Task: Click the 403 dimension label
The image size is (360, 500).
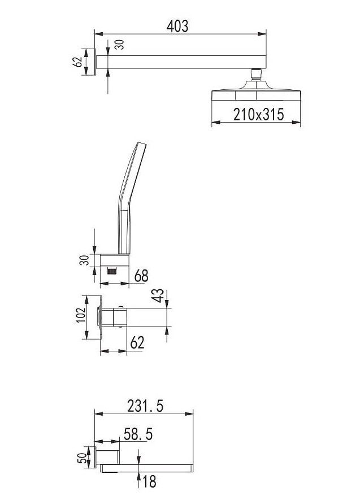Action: [x=177, y=26]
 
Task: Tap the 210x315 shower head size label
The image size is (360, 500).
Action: [x=258, y=115]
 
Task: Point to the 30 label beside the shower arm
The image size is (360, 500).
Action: [x=119, y=44]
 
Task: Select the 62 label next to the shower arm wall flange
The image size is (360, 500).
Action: [x=77, y=62]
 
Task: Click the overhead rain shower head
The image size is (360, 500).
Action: [x=256, y=92]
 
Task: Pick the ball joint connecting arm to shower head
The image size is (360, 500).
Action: [x=256, y=74]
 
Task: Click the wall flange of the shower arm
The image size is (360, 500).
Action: [x=92, y=62]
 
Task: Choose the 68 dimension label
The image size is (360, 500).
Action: [x=141, y=276]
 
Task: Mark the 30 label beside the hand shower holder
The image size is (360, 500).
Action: [x=85, y=260]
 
